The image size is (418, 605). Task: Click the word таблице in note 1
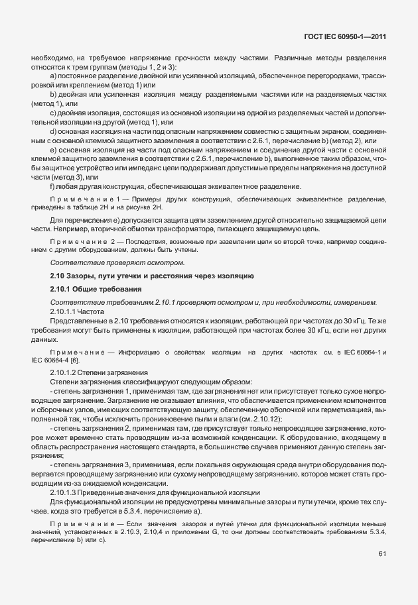(x=82, y=207)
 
